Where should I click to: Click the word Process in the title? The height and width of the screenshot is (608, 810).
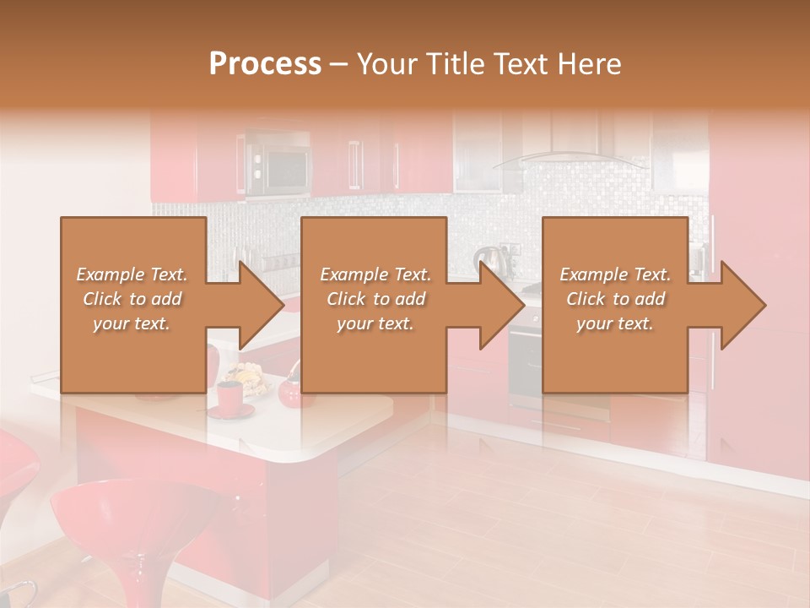(x=265, y=64)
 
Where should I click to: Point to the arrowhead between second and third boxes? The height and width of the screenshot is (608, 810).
(x=501, y=305)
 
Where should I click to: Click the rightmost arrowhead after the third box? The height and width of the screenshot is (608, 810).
(x=742, y=305)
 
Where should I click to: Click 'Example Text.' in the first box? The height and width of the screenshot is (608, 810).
(x=132, y=274)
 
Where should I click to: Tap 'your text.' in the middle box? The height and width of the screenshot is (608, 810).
(x=375, y=323)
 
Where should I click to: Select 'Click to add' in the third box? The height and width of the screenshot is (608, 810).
(x=615, y=299)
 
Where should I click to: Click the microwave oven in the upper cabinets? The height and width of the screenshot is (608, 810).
(x=277, y=164)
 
